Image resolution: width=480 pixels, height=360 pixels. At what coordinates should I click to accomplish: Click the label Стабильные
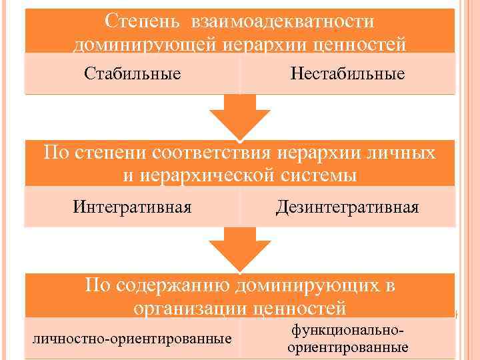pos(133,73)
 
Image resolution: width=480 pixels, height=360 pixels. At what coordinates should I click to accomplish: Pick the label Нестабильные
pos(347,73)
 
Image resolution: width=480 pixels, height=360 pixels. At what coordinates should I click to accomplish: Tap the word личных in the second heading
pos(402,153)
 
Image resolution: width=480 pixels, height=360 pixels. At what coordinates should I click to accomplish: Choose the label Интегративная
pos(133,207)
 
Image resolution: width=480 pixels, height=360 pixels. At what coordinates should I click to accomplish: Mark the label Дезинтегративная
pos(347,207)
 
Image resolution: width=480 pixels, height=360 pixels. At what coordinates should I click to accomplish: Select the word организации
pos(191,308)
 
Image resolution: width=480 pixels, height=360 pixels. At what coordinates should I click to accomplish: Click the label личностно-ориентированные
pos(133,339)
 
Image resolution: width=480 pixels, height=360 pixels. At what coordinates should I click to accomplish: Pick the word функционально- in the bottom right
pos(347,331)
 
